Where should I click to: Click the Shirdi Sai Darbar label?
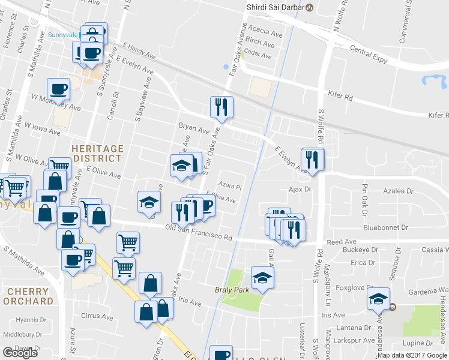(x=276, y=7)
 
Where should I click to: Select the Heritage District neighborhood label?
(x=97, y=153)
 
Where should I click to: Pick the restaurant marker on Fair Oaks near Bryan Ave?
(x=221, y=107)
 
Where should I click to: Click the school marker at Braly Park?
(x=262, y=277)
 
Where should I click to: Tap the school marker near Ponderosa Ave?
(x=378, y=298)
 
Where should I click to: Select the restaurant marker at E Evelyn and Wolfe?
(x=313, y=159)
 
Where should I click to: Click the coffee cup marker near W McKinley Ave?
(x=58, y=89)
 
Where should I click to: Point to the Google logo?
(x=20, y=353)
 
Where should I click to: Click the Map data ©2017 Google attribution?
(x=412, y=355)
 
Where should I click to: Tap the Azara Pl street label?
(x=230, y=185)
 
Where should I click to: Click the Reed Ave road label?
(x=342, y=242)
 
